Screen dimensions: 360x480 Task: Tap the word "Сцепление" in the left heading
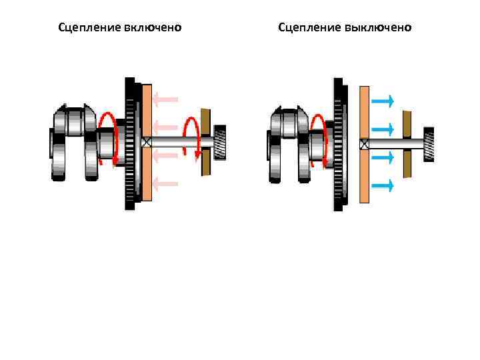click(89, 27)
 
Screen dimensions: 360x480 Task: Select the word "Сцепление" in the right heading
click(309, 27)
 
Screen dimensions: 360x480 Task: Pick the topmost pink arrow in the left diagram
click(165, 100)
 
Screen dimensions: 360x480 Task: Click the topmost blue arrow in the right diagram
click(383, 101)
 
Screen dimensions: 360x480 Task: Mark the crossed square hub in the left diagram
click(147, 142)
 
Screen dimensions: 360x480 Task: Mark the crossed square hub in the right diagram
click(364, 143)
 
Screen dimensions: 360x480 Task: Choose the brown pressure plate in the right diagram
click(407, 143)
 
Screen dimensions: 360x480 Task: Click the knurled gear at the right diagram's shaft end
click(429, 143)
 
